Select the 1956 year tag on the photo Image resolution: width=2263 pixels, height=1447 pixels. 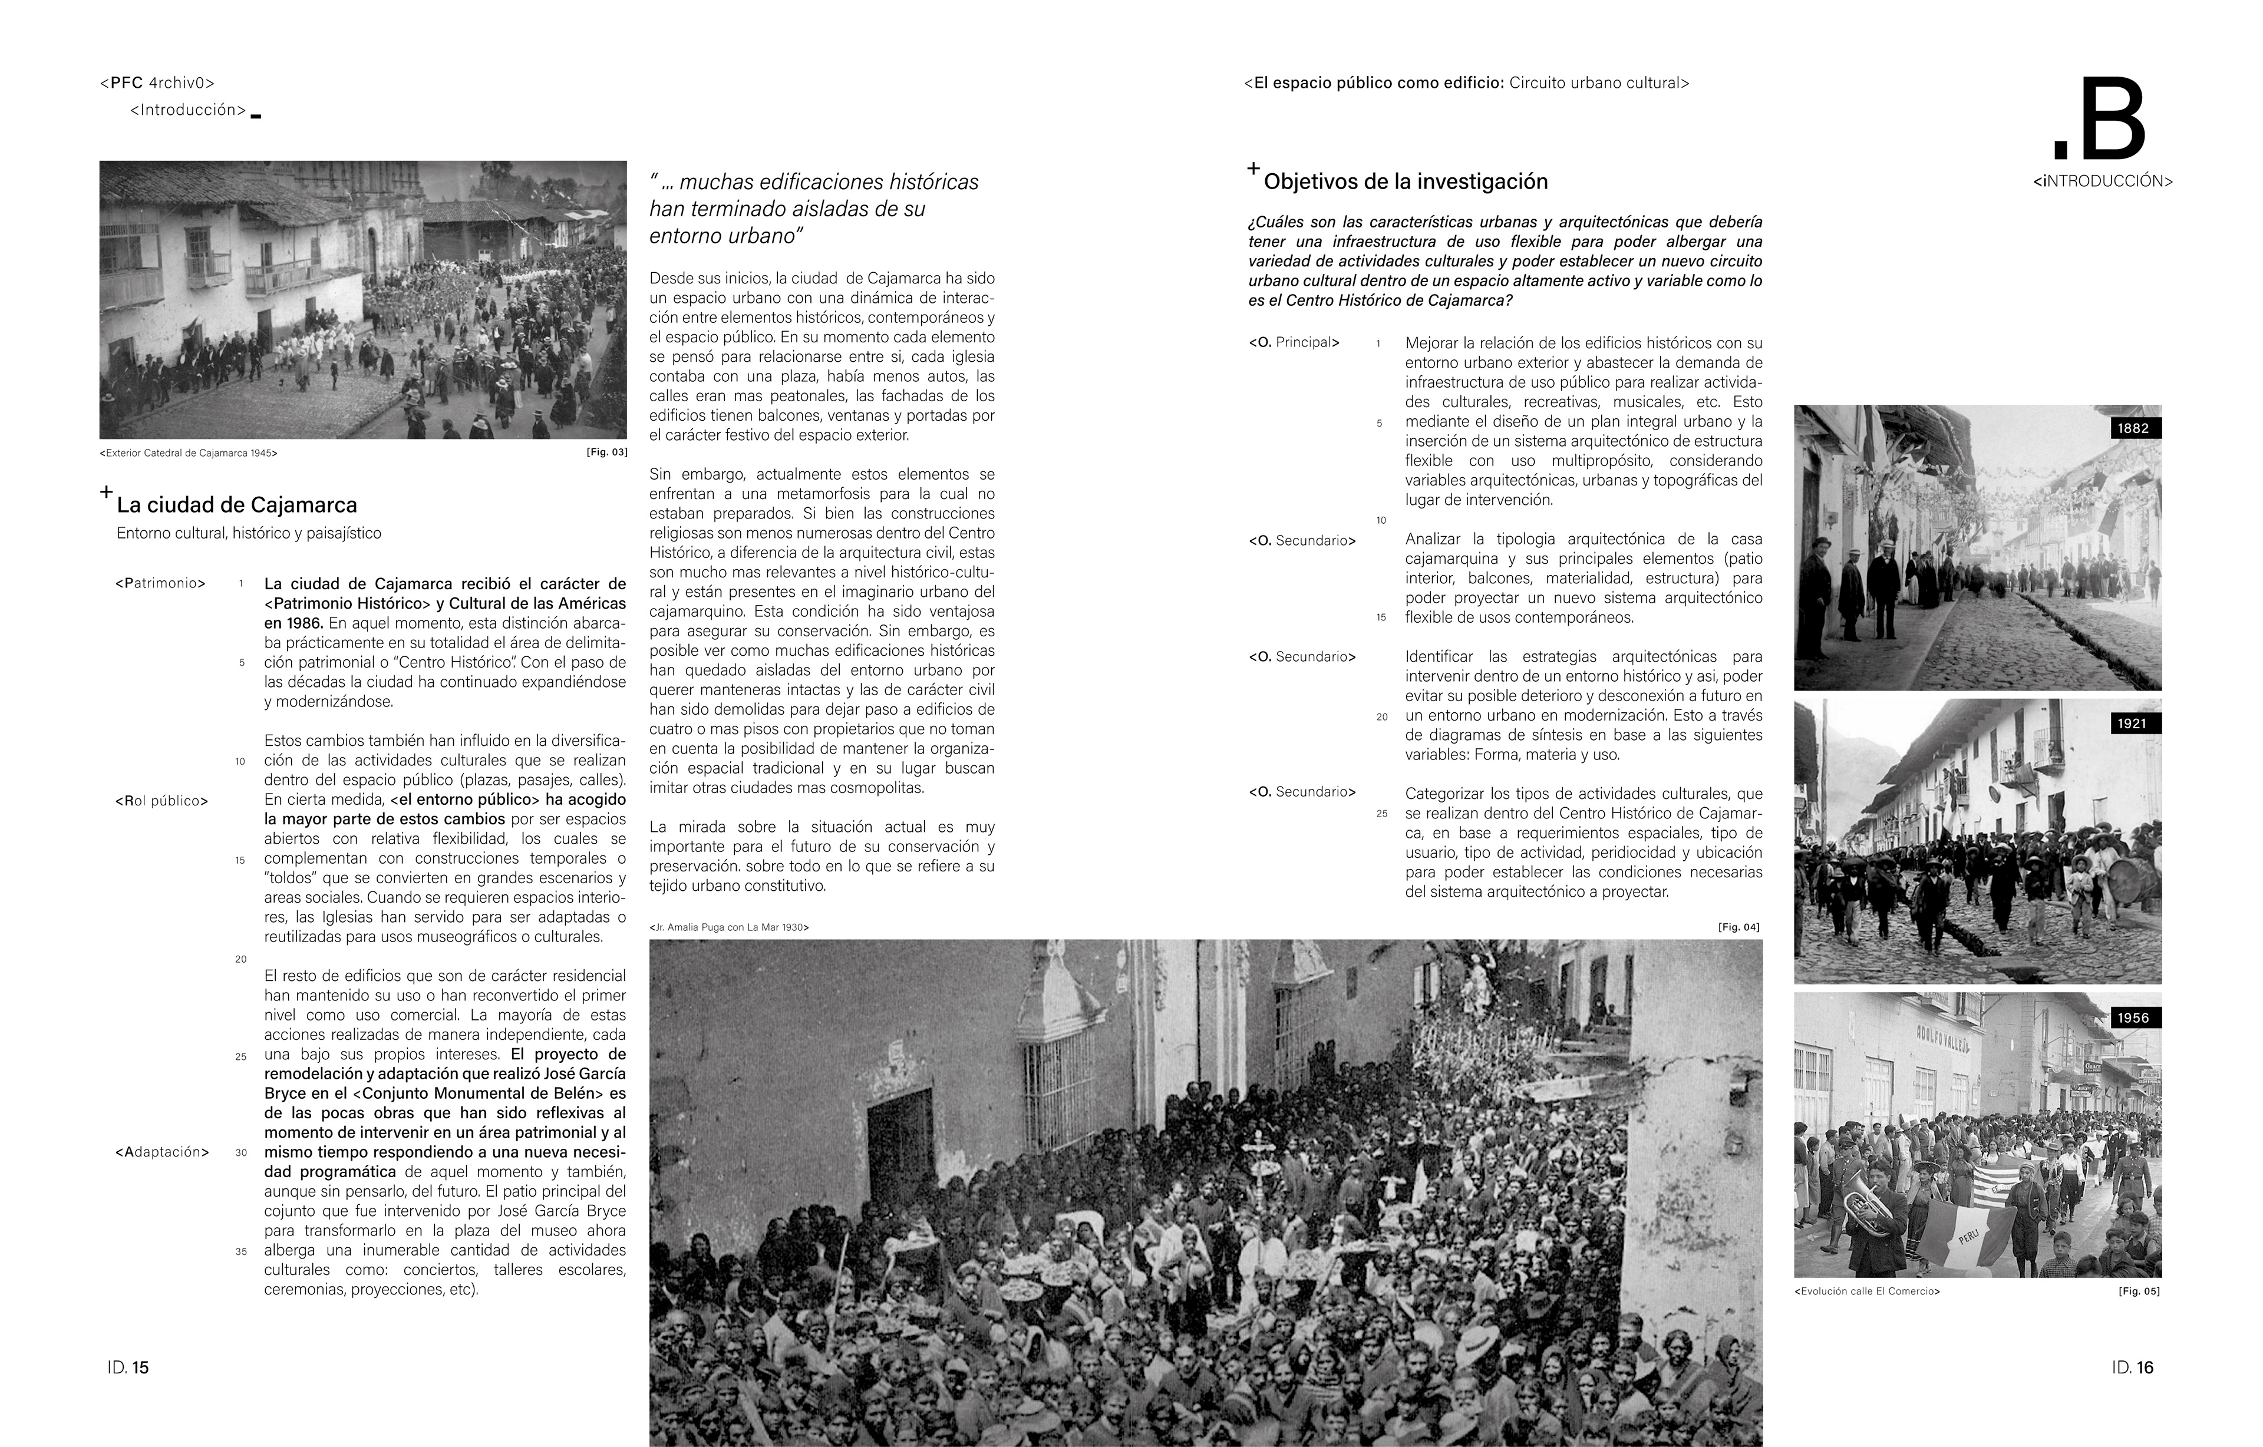(2133, 1017)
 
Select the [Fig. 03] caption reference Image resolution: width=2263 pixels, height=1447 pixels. (606, 452)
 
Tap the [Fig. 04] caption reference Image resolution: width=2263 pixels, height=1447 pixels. (1739, 927)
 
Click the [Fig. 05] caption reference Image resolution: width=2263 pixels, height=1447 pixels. (2139, 1291)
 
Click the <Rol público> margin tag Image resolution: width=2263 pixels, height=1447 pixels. (161, 801)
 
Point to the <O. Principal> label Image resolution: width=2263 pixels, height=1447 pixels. (1294, 343)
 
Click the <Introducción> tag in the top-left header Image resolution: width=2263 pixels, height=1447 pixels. (188, 110)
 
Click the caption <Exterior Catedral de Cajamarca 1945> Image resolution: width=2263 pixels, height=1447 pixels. (188, 453)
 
